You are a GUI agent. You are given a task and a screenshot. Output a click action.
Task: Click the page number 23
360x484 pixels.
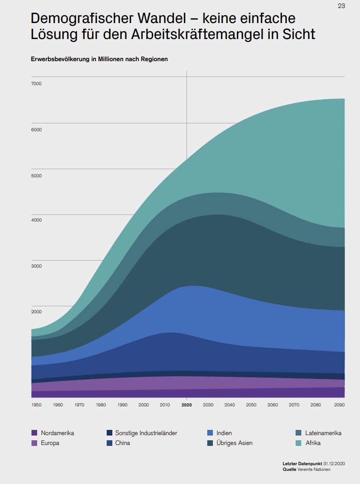341,6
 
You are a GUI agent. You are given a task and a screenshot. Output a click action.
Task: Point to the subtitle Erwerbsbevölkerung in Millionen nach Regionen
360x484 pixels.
99,59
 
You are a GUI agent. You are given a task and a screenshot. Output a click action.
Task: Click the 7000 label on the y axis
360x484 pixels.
36,84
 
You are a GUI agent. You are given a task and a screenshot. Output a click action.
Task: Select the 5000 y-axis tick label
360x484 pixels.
36,176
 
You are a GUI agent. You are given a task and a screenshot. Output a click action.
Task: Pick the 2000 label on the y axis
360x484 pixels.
36,311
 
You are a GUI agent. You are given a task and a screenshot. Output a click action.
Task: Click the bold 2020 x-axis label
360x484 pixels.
187,405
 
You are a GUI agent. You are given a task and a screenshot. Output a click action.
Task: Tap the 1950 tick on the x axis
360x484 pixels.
36,405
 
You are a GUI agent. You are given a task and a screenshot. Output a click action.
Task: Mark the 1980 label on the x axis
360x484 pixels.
101,405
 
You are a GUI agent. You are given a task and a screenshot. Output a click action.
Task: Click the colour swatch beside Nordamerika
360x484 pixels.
34,433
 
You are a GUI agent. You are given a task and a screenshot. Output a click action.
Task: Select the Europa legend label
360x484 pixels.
50,443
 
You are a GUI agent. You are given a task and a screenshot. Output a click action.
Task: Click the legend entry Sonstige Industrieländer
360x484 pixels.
146,433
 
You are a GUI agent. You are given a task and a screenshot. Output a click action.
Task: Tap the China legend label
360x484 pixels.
123,443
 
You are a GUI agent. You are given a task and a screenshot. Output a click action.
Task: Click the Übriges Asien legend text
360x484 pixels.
235,443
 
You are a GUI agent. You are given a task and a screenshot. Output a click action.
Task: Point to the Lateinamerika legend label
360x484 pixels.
323,433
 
